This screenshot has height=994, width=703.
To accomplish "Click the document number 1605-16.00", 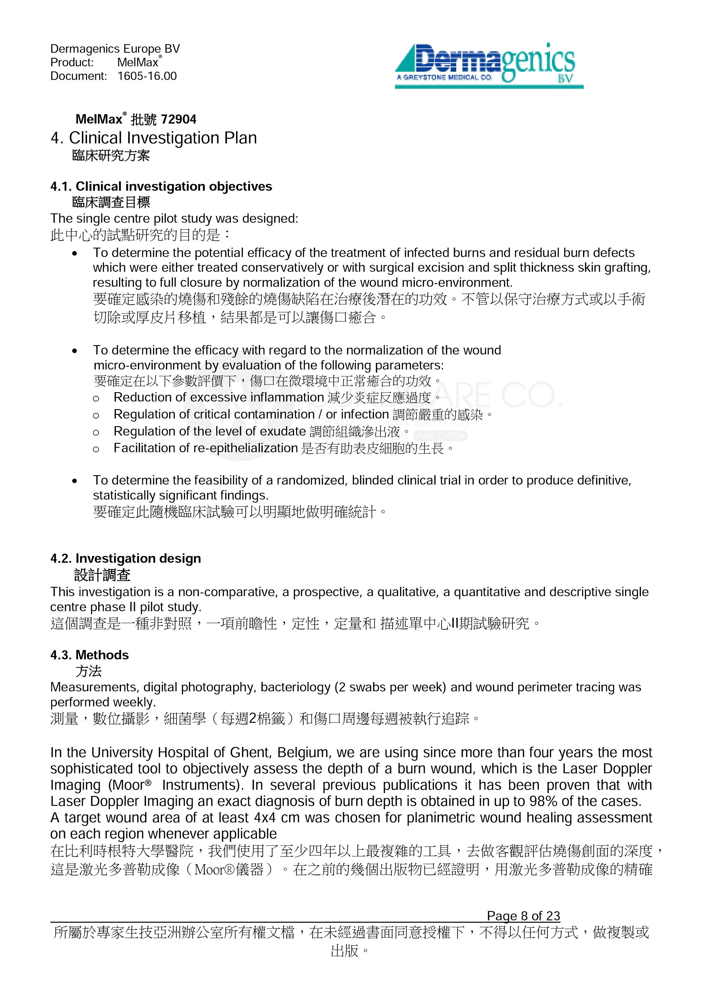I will (x=147, y=76).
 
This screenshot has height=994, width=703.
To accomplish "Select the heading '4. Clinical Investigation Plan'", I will (x=154, y=138).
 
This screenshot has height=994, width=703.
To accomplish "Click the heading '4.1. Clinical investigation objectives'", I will (x=161, y=187).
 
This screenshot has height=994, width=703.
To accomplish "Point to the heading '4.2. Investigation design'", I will (x=126, y=558).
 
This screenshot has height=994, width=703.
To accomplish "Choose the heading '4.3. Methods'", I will (x=90, y=655).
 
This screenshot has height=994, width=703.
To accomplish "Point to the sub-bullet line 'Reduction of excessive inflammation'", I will (x=218, y=398).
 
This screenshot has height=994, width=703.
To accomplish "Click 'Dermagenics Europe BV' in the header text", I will (x=115, y=49).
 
